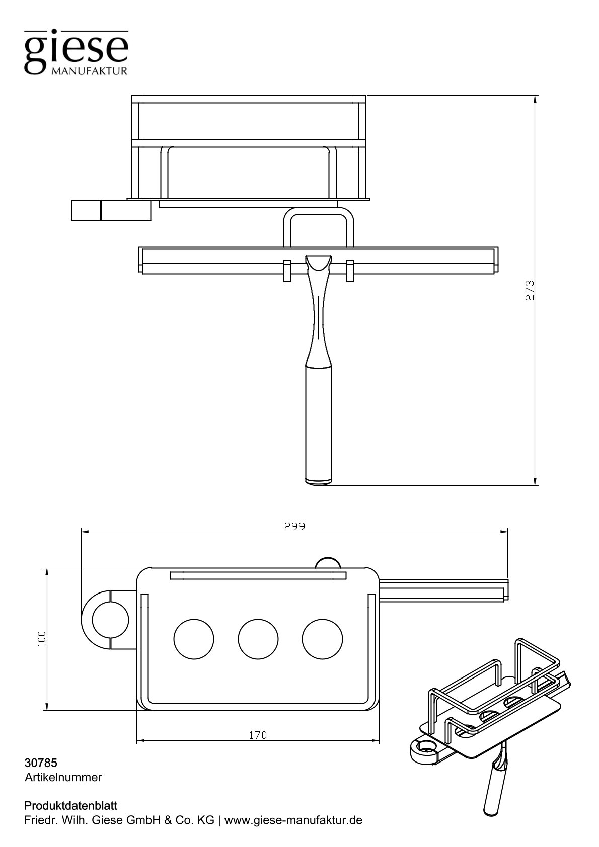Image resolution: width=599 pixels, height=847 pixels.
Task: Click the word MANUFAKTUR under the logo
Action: click(x=89, y=71)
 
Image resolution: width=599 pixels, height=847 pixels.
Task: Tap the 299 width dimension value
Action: click(x=294, y=527)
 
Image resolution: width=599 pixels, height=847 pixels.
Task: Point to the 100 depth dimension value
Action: click(x=42, y=638)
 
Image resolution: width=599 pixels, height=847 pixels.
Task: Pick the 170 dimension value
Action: click(x=258, y=735)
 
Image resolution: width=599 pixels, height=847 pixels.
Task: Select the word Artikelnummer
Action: click(x=63, y=777)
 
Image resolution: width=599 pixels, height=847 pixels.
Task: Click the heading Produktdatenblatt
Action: click(x=71, y=806)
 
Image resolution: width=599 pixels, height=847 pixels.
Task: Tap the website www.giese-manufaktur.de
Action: click(x=293, y=820)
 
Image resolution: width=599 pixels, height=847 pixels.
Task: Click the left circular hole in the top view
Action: click(x=194, y=639)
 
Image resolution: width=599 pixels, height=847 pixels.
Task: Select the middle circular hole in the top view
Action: click(x=258, y=639)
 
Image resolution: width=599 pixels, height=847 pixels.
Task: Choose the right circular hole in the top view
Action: click(x=322, y=639)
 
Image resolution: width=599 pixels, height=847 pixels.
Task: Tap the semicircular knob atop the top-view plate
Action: click(x=328, y=563)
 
